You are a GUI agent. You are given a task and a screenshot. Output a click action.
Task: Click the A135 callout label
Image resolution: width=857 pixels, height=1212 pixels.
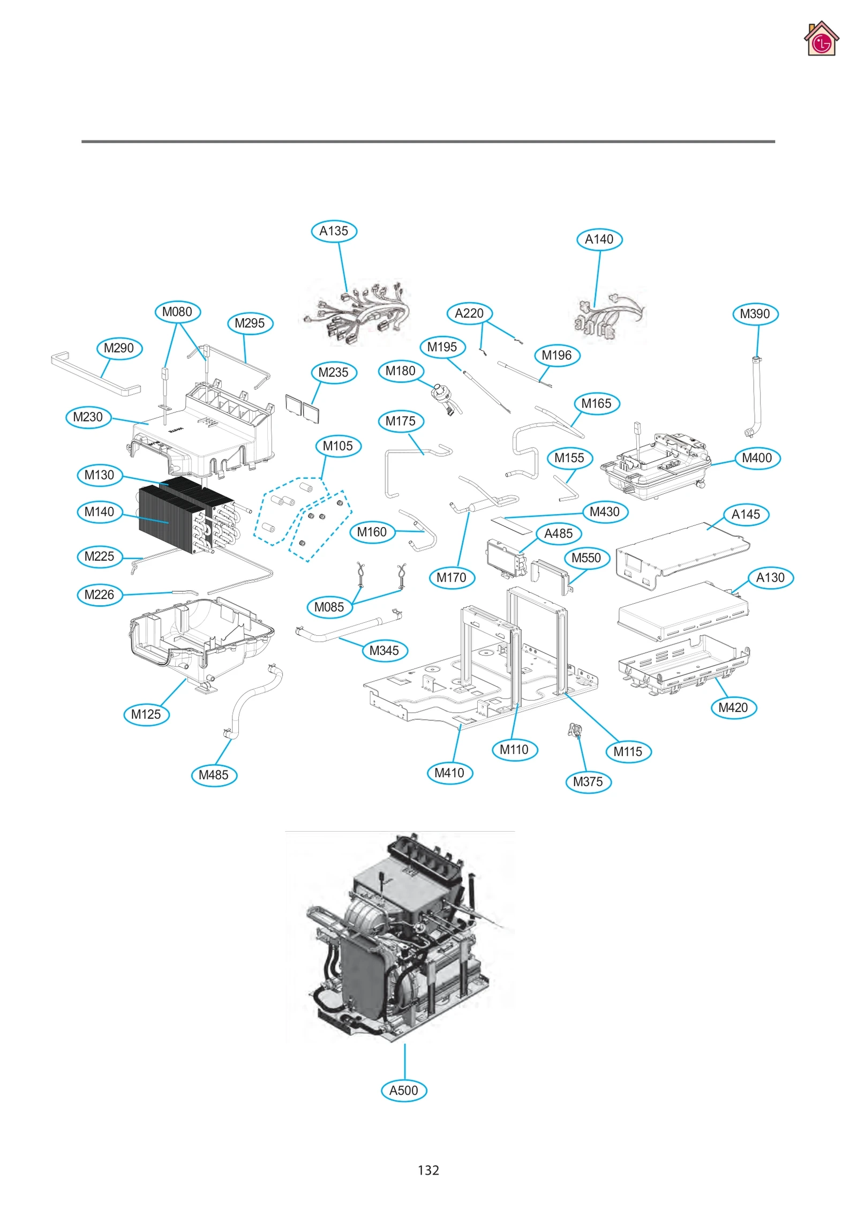(334, 231)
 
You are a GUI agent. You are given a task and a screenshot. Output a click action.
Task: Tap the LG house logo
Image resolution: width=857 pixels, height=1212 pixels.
(821, 39)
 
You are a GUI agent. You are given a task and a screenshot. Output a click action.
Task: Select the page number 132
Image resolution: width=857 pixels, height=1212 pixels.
(428, 1170)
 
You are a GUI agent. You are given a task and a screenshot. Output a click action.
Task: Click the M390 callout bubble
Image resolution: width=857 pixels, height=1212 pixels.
(755, 313)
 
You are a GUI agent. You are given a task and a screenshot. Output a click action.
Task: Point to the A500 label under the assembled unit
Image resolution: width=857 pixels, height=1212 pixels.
(403, 1090)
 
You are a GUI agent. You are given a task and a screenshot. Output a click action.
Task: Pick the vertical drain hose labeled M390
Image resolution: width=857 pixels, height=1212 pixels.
(756, 396)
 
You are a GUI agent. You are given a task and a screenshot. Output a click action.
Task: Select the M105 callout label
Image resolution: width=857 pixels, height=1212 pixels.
(337, 446)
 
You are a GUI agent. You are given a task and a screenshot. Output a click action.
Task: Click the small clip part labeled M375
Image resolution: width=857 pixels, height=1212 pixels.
(575, 729)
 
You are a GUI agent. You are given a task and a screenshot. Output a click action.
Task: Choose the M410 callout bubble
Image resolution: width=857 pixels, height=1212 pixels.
(449, 772)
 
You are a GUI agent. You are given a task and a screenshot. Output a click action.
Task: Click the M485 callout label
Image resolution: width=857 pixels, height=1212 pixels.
(213, 774)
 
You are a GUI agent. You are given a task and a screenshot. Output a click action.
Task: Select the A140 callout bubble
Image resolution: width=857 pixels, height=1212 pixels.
(599, 239)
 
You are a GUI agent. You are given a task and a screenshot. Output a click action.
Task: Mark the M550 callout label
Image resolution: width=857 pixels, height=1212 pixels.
(586, 558)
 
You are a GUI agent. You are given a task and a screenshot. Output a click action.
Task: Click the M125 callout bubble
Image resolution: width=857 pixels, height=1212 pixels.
(146, 714)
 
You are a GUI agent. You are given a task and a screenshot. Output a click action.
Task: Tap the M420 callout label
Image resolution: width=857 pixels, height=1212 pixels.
(733, 707)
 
